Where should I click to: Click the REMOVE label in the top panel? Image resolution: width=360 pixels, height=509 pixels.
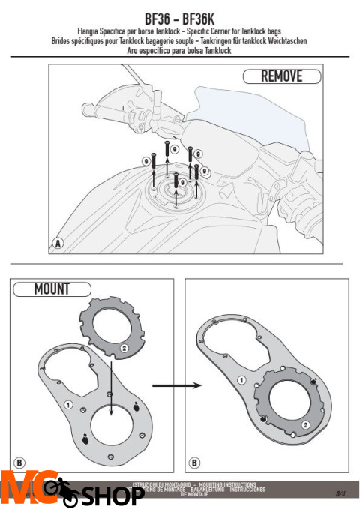[x=281, y=76]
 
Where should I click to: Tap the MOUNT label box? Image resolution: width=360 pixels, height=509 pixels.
[x=52, y=288]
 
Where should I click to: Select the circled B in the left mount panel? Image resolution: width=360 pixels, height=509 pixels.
[x=21, y=463]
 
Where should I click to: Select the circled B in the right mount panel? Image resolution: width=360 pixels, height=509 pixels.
[x=194, y=463]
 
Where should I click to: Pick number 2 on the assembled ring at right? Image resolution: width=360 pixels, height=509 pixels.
[x=305, y=424]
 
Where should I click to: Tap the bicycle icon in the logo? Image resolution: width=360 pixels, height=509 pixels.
[x=62, y=491]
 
